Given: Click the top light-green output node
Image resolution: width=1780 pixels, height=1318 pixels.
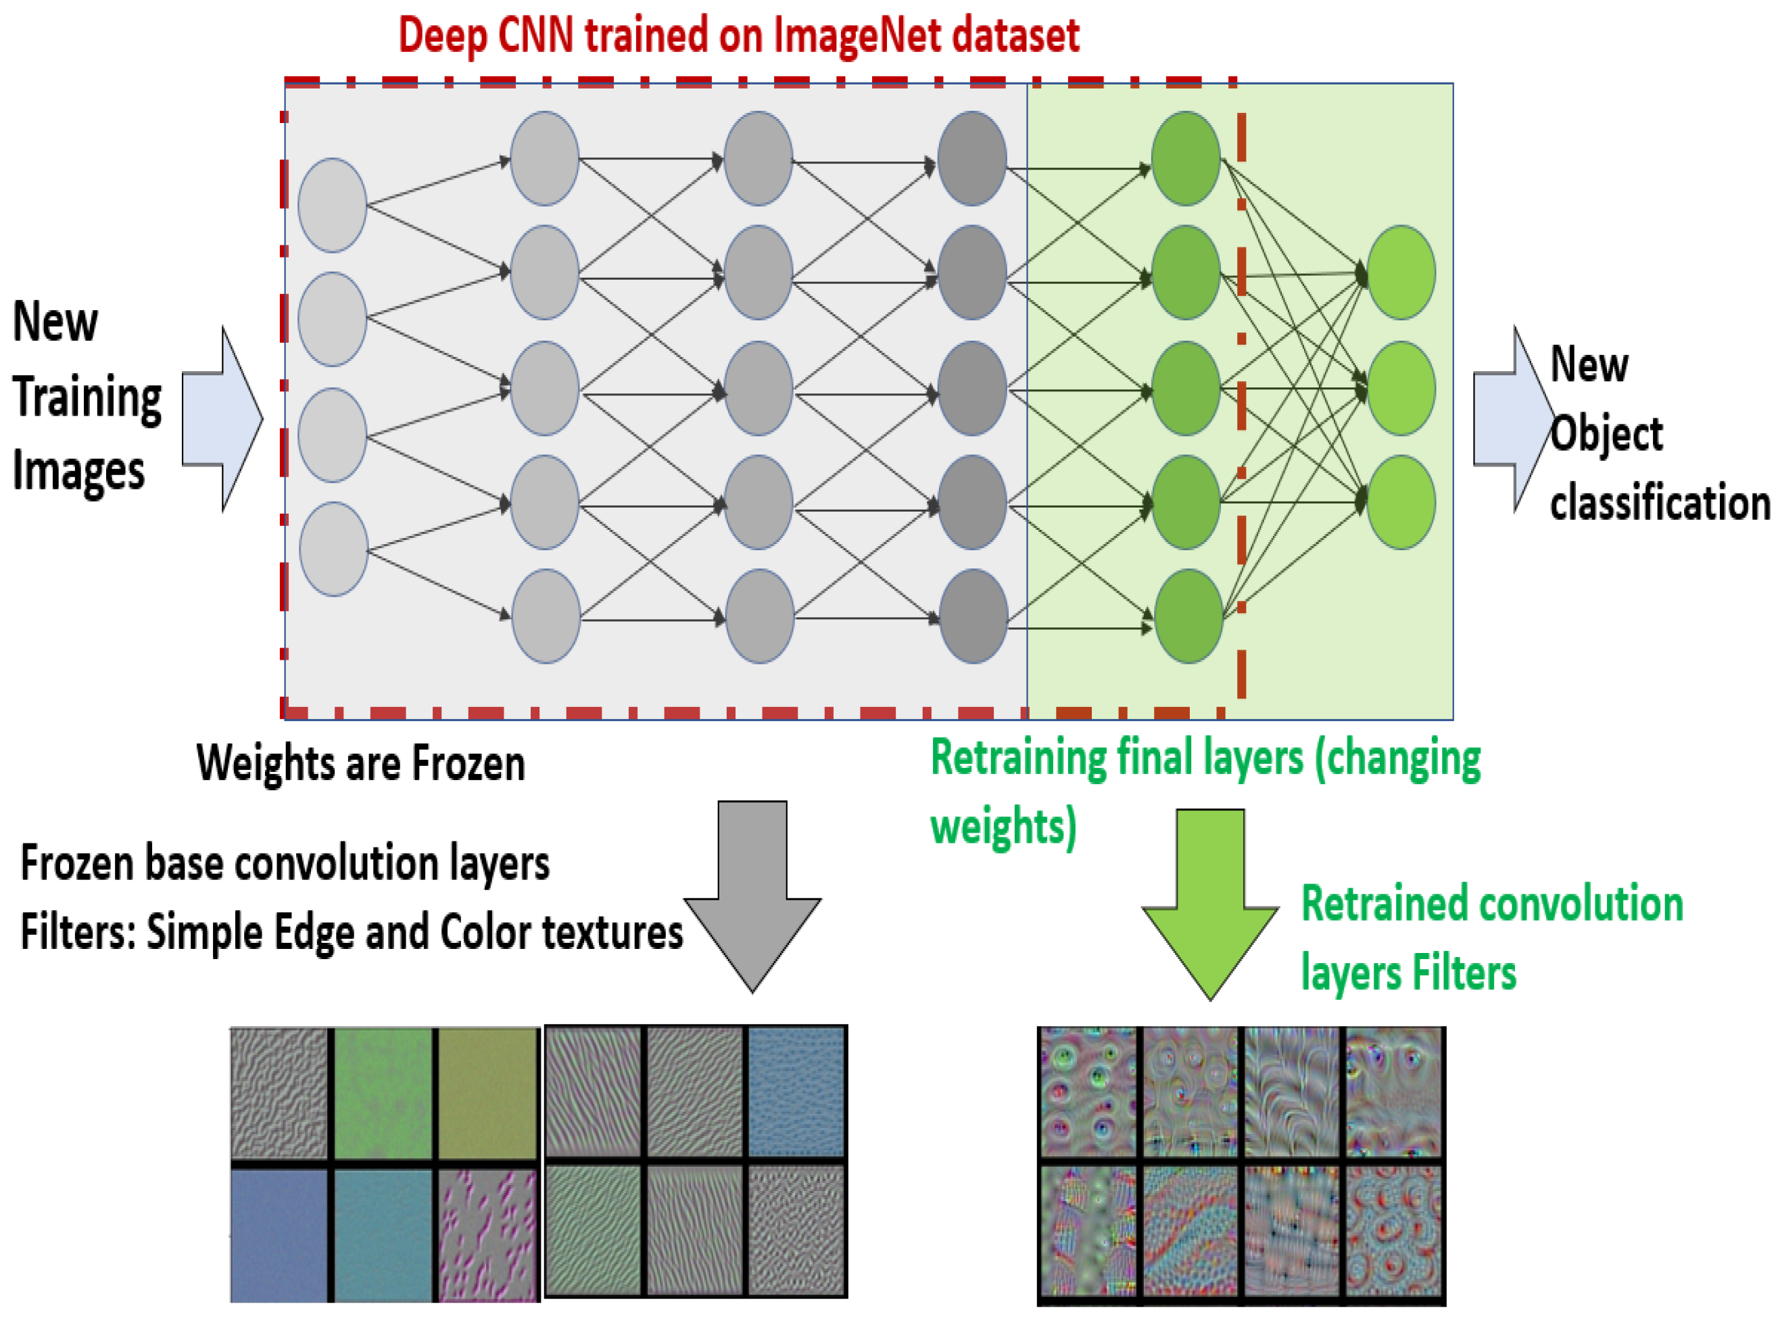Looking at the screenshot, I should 1401,272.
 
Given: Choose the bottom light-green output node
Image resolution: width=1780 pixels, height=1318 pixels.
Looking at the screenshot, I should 1401,502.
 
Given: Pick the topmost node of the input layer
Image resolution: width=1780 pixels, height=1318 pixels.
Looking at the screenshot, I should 332,205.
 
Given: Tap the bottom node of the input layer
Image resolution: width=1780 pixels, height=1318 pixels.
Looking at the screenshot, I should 333,549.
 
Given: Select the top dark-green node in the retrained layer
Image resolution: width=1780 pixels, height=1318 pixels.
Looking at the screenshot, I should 1186,158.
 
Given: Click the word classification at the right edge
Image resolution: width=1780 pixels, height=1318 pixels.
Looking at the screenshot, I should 1659,504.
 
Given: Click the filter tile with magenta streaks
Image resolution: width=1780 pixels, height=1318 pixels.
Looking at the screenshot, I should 487,1234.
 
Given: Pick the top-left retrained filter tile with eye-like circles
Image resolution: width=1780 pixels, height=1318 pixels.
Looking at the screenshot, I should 1086,1092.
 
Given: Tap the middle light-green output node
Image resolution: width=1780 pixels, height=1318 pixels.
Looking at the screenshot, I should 1401,388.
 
